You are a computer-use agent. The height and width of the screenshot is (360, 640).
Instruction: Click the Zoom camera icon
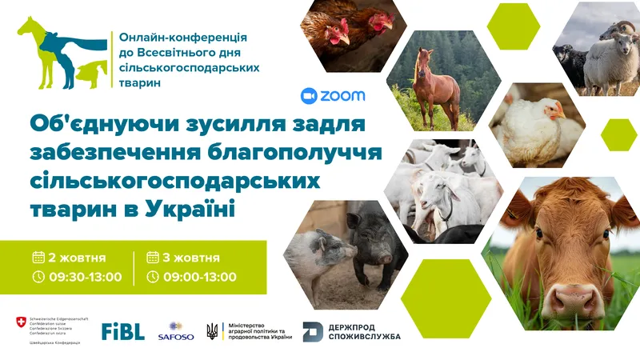(x=309, y=96)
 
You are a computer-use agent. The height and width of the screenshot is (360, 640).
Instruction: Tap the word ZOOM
(x=342, y=96)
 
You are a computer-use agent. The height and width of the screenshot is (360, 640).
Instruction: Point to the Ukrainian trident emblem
(x=212, y=331)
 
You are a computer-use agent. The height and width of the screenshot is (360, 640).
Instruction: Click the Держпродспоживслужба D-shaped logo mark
(x=313, y=331)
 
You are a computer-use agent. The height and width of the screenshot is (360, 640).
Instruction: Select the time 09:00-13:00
(x=200, y=277)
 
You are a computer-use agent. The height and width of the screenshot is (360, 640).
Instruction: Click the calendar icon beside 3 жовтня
(x=153, y=258)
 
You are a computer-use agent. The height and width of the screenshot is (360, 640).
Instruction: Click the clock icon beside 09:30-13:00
(x=38, y=277)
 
